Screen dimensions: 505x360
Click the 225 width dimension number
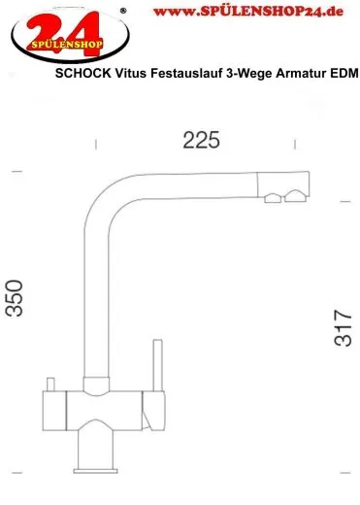pyautogui.click(x=201, y=140)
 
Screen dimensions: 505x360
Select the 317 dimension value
pyautogui.click(x=341, y=329)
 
